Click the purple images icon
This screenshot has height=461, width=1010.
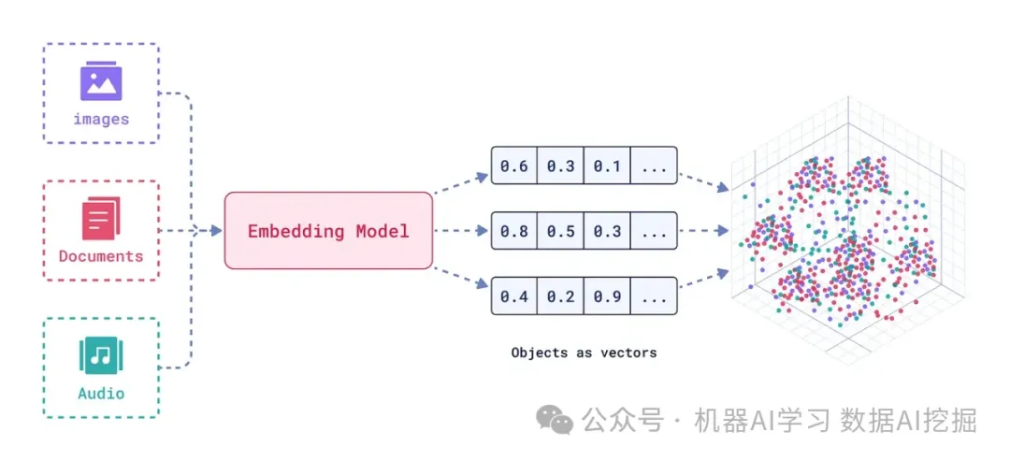coord(101,81)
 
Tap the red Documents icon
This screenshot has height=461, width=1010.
coord(101,219)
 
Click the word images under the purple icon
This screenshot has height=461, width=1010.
coord(101,120)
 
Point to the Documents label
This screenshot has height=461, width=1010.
coord(101,256)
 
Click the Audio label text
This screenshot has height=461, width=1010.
coord(101,394)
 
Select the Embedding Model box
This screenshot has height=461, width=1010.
coord(328,231)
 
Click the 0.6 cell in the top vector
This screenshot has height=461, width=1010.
coord(513,166)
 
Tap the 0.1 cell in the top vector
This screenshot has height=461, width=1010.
coord(607,166)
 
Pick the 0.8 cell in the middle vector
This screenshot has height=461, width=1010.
coord(513,231)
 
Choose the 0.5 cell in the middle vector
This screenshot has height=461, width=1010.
coord(560,231)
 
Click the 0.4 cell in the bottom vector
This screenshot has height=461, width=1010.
coord(513,296)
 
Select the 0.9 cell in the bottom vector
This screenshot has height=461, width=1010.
coord(607,296)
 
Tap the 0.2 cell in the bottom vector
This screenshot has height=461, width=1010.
coord(560,296)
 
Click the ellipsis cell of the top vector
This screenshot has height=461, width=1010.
coord(654,166)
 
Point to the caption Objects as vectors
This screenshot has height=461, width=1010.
coord(584,353)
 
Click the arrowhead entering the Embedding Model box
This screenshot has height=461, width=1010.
coord(214,230)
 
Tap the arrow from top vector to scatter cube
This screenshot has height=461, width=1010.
coord(703,181)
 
